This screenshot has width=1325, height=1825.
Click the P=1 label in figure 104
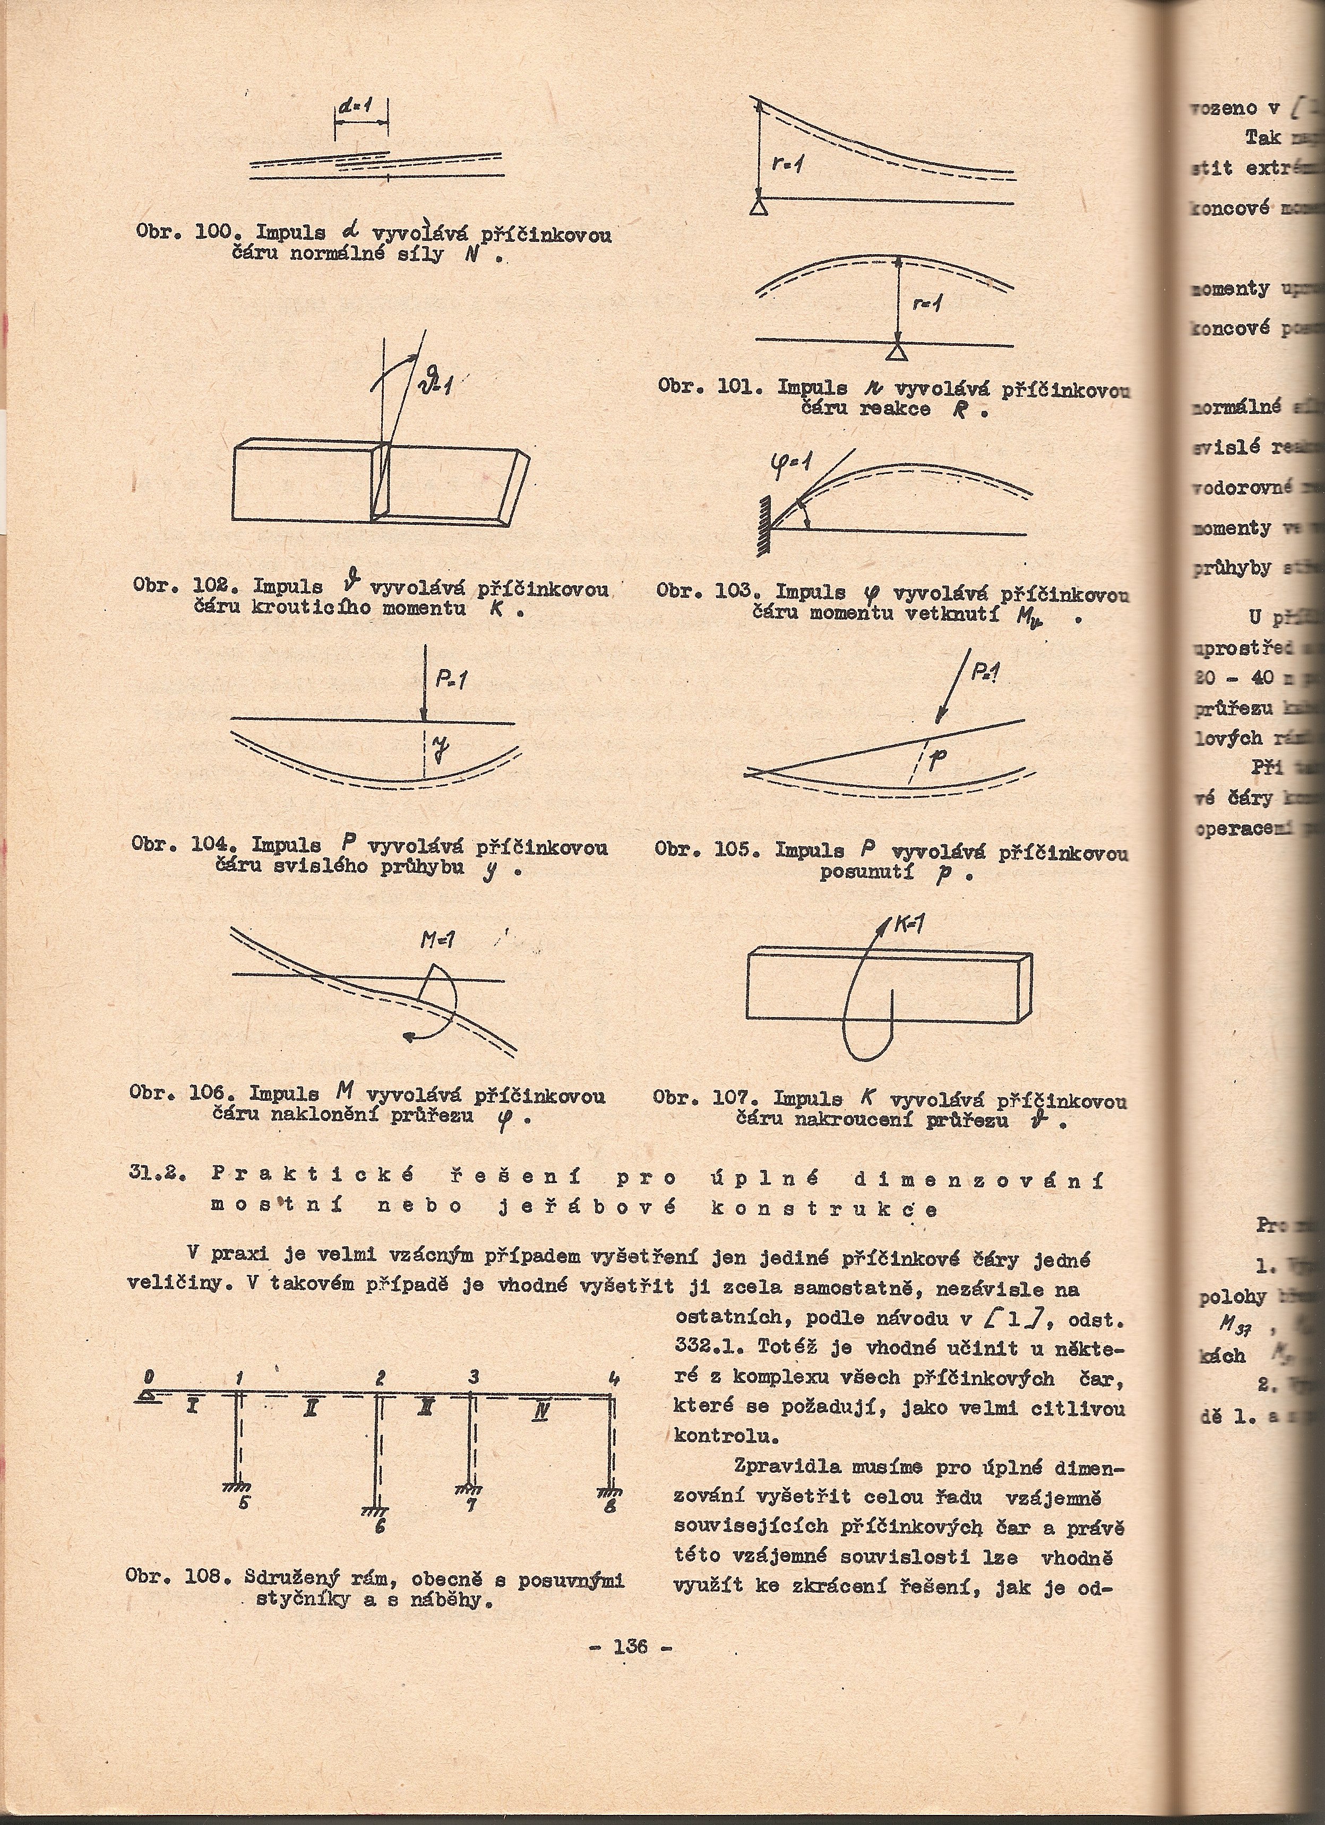452,681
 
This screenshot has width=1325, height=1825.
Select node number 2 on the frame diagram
380,1378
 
